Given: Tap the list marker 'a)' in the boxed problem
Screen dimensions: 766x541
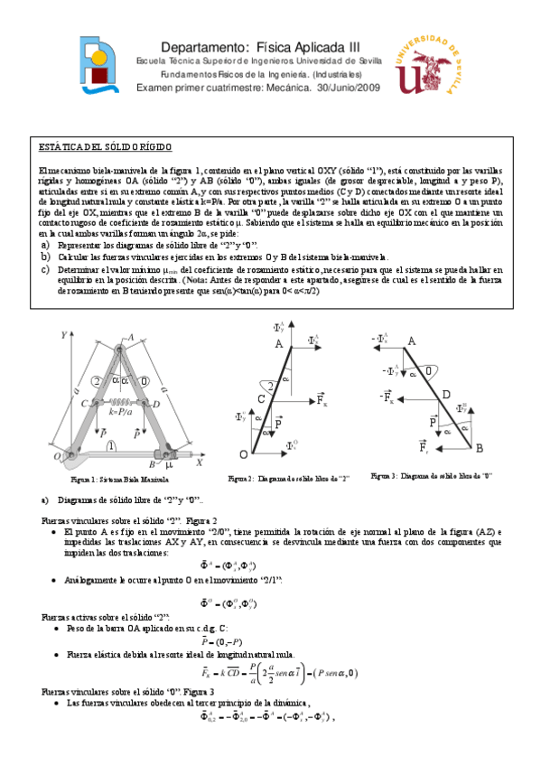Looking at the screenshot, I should pos(46,245).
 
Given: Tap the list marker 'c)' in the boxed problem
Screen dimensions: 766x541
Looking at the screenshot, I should pos(46,268).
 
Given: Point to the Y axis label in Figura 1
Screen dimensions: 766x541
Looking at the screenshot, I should pos(64,335).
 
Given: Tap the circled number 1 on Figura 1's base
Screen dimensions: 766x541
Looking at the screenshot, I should pos(111,445).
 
